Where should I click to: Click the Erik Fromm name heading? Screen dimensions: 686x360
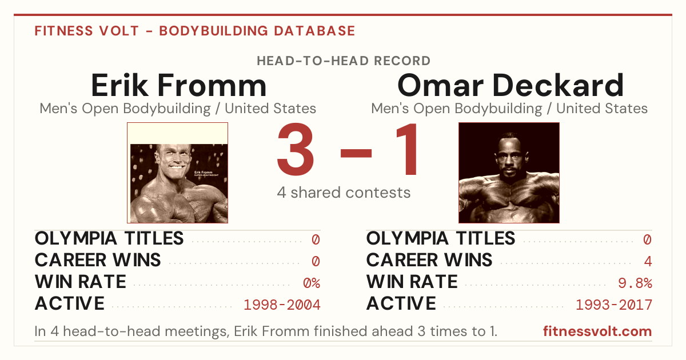pyautogui.click(x=178, y=85)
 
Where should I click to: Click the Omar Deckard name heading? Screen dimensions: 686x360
pyautogui.click(x=510, y=85)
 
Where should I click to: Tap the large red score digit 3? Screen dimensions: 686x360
pyautogui.click(x=295, y=149)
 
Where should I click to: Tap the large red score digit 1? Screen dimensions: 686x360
pyautogui.click(x=407, y=149)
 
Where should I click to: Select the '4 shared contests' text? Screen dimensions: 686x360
pyautogui.click(x=344, y=193)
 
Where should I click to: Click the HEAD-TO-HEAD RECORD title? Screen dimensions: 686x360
pyautogui.click(x=344, y=61)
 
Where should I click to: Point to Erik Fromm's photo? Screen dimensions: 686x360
pyautogui.click(x=178, y=173)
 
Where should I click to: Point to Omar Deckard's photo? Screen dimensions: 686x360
pyautogui.click(x=509, y=173)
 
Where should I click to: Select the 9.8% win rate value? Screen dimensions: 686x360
pyautogui.click(x=635, y=283)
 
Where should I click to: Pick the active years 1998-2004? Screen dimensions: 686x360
pyautogui.click(x=282, y=305)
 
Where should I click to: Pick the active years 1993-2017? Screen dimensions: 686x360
pyautogui.click(x=614, y=305)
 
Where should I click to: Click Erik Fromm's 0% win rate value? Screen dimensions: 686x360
pyautogui.click(x=312, y=283)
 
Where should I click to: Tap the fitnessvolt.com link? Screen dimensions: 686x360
pyautogui.click(x=597, y=331)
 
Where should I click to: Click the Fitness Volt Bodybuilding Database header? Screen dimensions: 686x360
pyautogui.click(x=195, y=31)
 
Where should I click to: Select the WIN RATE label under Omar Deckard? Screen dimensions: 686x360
pyautogui.click(x=412, y=282)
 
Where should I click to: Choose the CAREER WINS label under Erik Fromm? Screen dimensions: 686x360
pyautogui.click(x=98, y=260)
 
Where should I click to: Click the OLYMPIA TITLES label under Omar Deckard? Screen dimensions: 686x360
pyautogui.click(x=441, y=238)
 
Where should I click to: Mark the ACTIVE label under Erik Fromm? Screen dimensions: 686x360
pyautogui.click(x=70, y=303)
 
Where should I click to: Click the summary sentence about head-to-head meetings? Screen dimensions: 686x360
pyautogui.click(x=266, y=331)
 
